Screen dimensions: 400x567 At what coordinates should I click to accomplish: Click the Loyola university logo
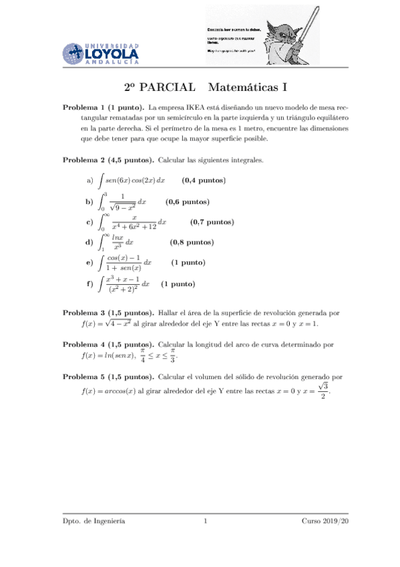101,51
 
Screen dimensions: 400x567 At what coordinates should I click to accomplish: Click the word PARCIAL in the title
168,88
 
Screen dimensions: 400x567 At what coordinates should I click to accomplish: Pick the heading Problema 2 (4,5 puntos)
108,160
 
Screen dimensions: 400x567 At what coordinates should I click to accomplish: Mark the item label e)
89,263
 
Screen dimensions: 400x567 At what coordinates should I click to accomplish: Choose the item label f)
89,284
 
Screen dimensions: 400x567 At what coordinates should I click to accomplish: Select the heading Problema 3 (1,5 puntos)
108,313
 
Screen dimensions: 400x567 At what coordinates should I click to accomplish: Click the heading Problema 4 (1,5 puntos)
108,345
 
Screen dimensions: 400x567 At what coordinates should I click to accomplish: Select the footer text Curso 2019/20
325,520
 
